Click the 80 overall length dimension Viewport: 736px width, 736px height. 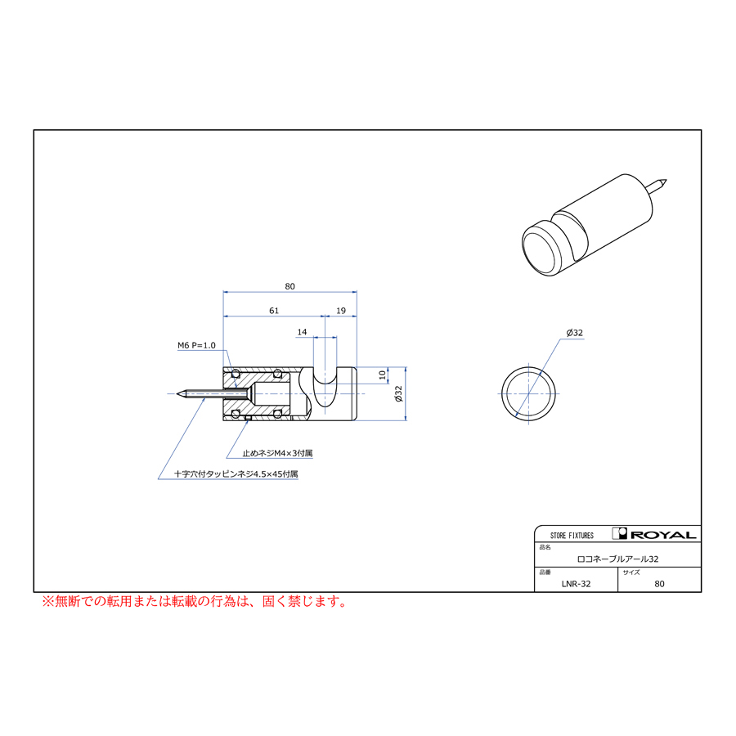[x=289, y=286]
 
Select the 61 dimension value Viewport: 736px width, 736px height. [x=274, y=311]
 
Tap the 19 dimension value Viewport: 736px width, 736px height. [x=341, y=311]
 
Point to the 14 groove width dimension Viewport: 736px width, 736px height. [x=302, y=332]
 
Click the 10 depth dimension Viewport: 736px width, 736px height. [x=383, y=375]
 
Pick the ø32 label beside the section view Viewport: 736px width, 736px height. [x=398, y=393]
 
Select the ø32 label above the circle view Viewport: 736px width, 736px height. [x=575, y=333]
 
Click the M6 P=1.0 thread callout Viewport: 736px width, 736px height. [x=196, y=345]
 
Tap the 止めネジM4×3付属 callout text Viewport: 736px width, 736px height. [x=277, y=453]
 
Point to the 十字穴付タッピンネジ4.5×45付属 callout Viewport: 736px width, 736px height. [x=236, y=474]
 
